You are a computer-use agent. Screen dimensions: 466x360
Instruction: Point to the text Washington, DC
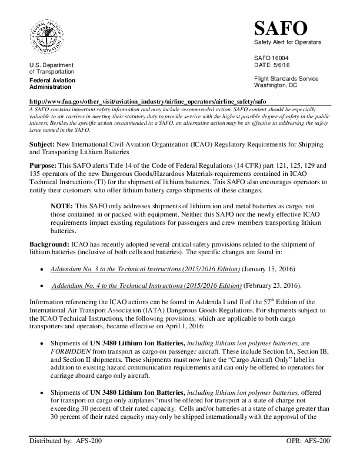[275, 85]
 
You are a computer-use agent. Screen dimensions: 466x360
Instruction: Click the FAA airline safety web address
[148, 101]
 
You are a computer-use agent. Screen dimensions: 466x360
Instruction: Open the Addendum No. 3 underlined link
[145, 268]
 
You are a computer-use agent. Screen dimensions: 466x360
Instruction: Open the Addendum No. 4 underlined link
[146, 285]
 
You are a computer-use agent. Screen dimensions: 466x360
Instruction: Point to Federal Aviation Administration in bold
[51, 83]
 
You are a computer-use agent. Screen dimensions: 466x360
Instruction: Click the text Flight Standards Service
[286, 79]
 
